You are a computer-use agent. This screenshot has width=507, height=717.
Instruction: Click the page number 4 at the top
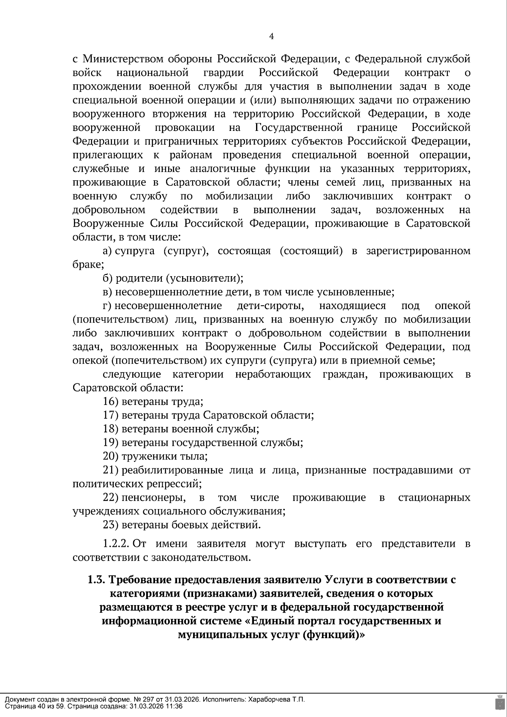(x=272, y=37)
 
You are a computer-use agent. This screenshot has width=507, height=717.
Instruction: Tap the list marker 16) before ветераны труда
(x=111, y=402)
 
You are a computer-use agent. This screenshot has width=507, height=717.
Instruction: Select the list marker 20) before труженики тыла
(x=111, y=456)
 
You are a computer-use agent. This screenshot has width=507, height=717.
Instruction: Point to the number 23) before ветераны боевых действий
(x=111, y=525)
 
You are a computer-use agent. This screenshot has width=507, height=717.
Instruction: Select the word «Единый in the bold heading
(x=269, y=621)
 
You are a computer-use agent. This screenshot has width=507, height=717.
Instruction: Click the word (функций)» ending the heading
(x=334, y=635)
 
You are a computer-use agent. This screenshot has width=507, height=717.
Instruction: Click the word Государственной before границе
(x=299, y=128)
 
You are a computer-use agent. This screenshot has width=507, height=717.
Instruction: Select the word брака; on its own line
(x=88, y=265)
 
